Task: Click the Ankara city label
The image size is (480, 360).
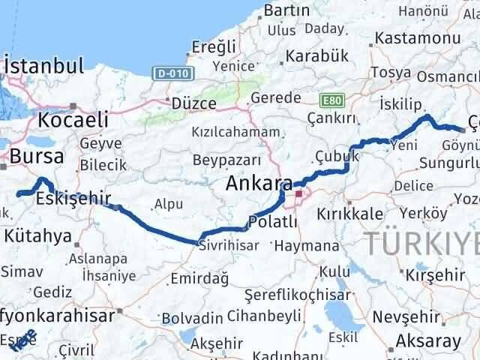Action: coord(259,184)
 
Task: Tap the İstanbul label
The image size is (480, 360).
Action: coord(43,66)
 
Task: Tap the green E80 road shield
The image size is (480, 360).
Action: coord(329,99)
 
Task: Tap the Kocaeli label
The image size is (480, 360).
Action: coord(73,119)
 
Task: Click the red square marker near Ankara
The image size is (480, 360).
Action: coord(298,194)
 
